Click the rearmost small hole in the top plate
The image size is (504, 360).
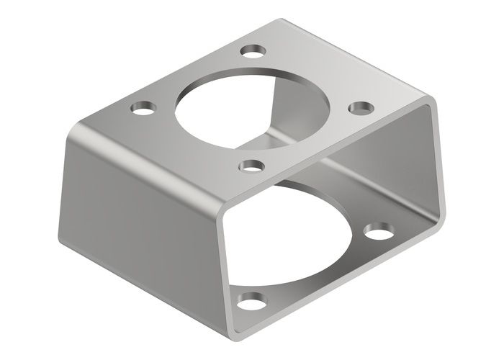coord(253,51)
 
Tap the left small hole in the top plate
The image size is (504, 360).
coord(143,109)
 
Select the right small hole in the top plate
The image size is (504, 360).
coord(361,108)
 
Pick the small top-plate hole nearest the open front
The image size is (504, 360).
coord(251,166)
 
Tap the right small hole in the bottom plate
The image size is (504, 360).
coord(379,233)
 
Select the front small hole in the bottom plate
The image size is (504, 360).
coord(252,300)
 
